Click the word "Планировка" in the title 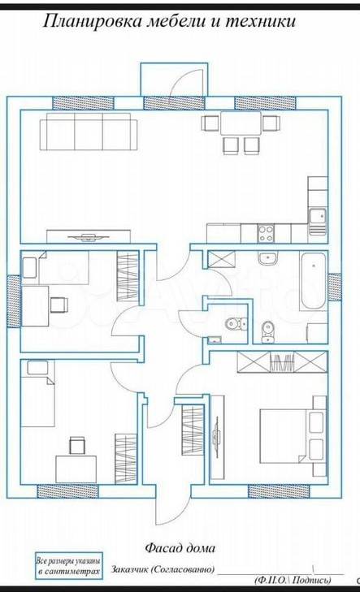[92, 21]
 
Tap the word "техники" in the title [260, 21]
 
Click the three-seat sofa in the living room [88, 132]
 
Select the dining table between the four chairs [241, 123]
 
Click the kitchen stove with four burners [266, 233]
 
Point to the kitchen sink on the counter [317, 221]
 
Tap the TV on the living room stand [89, 237]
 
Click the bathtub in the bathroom [313, 281]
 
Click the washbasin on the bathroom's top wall [268, 258]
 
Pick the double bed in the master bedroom [293, 436]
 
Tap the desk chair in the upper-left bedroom [59, 305]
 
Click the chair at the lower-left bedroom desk [77, 446]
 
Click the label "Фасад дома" [180, 548]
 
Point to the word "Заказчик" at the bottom [129, 569]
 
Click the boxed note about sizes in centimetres [69, 566]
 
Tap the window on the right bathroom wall [335, 287]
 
